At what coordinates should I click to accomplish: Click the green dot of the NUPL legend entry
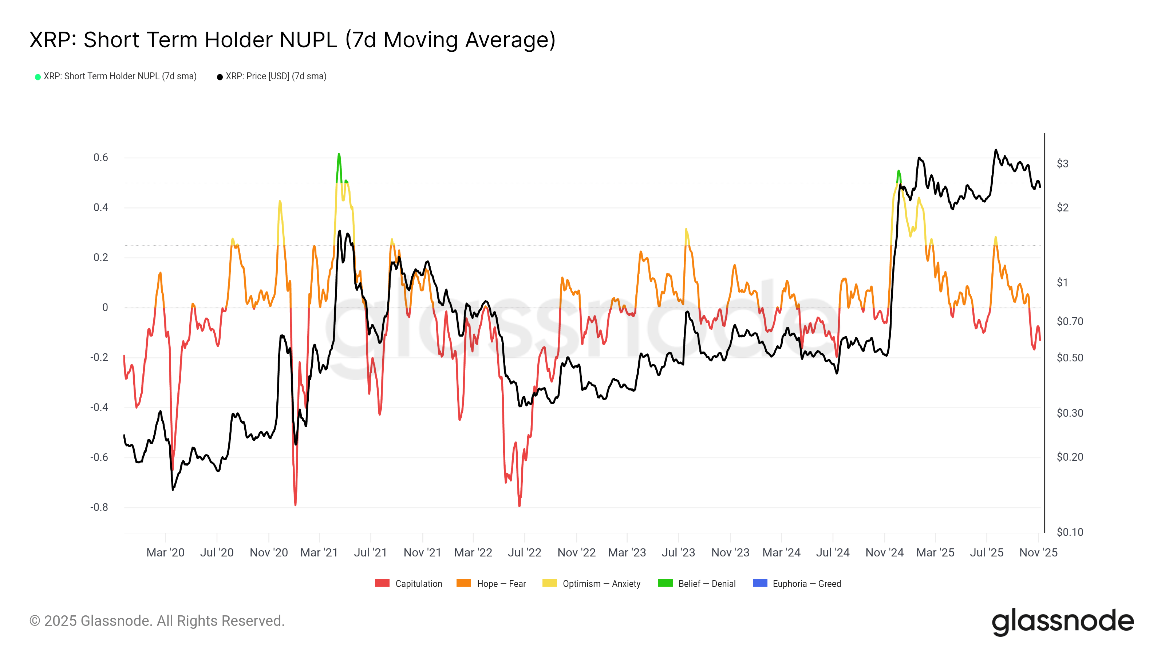pyautogui.click(x=38, y=77)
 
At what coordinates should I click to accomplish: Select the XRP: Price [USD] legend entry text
pyautogui.click(x=276, y=76)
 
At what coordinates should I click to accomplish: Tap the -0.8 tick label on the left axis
pyautogui.click(x=99, y=507)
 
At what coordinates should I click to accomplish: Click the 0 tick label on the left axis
pyautogui.click(x=105, y=307)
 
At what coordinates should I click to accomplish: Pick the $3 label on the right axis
pyautogui.click(x=1062, y=164)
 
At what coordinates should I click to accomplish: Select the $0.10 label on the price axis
pyautogui.click(x=1070, y=532)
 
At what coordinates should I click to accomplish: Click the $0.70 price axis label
pyautogui.click(x=1070, y=321)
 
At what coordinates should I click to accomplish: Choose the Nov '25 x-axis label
pyautogui.click(x=1038, y=552)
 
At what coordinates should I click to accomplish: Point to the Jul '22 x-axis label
pyautogui.click(x=524, y=552)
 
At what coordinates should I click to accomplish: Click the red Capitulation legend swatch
pyautogui.click(x=382, y=583)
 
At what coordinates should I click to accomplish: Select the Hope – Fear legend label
pyautogui.click(x=501, y=584)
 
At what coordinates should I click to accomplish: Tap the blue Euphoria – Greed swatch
pyautogui.click(x=760, y=583)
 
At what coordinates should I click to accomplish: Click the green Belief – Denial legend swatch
pyautogui.click(x=665, y=583)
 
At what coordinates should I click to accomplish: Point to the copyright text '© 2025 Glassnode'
pyautogui.click(x=157, y=621)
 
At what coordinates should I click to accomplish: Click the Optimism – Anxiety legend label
pyautogui.click(x=601, y=584)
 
